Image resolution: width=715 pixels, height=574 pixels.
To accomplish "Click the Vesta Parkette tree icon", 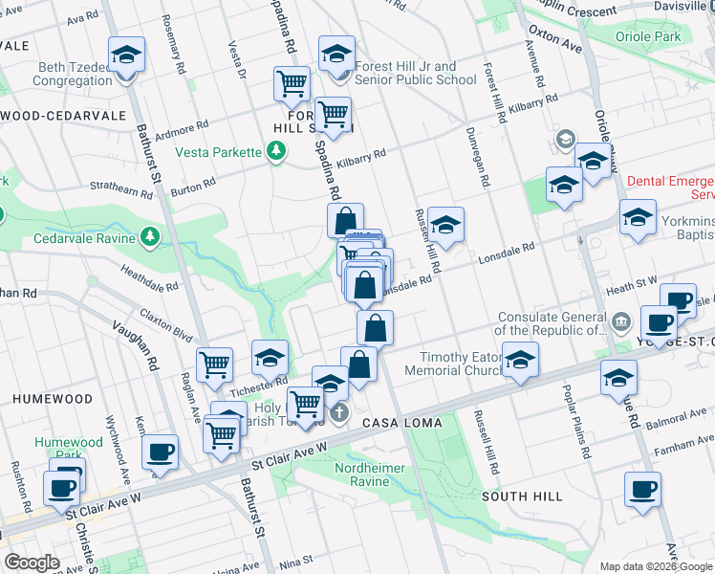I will (276, 151).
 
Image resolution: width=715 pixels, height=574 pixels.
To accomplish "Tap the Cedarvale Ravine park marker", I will (150, 235).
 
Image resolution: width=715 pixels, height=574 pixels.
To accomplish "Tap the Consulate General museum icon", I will (621, 319).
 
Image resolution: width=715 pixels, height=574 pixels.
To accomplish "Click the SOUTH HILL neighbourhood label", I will (517, 497).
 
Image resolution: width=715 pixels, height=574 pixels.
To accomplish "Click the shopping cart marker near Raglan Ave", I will (215, 364).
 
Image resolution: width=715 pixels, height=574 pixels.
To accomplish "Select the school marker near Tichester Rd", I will (271, 358).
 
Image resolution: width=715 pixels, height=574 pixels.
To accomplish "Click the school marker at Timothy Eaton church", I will (520, 360).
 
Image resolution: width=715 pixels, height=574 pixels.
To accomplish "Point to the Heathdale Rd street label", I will (149, 278).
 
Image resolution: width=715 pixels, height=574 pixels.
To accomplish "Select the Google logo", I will (32, 563).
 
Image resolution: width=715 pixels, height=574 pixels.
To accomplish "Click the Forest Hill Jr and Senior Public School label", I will (415, 74).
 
